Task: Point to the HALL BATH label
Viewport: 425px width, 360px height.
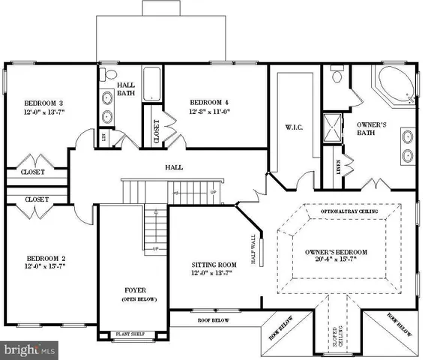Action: [127, 91]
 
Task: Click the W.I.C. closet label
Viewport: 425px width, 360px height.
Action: [292, 127]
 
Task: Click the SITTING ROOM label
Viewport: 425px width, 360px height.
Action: [215, 264]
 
